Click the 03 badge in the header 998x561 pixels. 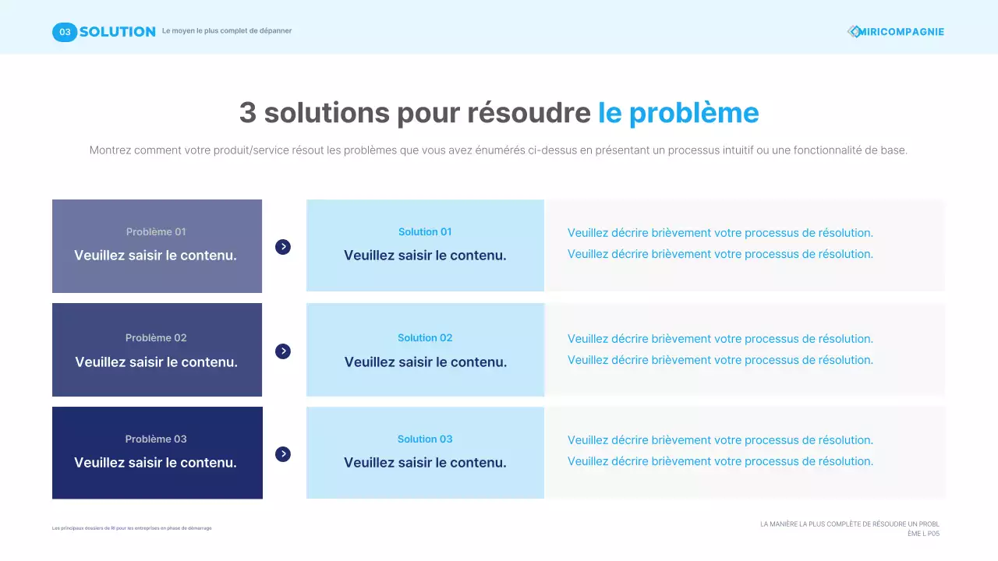tap(65, 32)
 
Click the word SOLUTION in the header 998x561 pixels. tap(117, 32)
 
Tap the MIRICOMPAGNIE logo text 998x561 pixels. tap(901, 32)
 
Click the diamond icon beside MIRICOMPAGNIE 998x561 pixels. tap(854, 32)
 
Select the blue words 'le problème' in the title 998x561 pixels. tap(678, 113)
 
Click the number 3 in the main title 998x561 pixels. tap(248, 113)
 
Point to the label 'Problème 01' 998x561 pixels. tap(156, 232)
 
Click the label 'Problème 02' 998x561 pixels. tap(156, 338)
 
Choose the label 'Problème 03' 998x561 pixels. tap(156, 439)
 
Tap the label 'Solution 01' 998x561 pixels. tap(425, 232)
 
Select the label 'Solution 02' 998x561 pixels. tap(425, 338)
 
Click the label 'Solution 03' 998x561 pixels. tap(425, 439)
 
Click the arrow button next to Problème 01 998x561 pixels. tap(283, 247)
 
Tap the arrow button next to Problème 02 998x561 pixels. tap(283, 351)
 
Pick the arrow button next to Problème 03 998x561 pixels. tap(283, 454)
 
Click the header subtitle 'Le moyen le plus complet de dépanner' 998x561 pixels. tap(227, 31)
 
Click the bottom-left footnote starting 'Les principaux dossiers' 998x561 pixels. tap(132, 528)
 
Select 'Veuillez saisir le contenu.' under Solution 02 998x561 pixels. tap(426, 362)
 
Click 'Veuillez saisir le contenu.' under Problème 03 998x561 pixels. tap(155, 463)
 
